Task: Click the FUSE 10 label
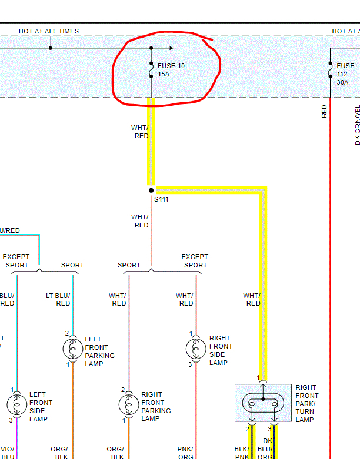coord(171,66)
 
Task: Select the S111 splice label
coord(161,200)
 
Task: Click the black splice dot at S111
coord(151,190)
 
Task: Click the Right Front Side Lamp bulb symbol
coord(196,349)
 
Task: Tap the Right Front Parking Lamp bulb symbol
coord(128,404)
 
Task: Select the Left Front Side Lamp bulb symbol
coord(16,404)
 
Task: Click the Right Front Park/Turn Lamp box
coord(263,403)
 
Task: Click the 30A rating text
coord(342,83)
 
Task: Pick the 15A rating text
coord(163,75)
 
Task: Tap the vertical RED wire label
coord(324,111)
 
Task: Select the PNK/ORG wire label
coord(186,453)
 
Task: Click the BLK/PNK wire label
coord(242,453)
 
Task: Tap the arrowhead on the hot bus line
coord(171,48)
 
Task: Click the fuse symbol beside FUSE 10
coord(151,71)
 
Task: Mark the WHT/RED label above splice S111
coord(140,132)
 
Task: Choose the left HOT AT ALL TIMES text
coord(48,31)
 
